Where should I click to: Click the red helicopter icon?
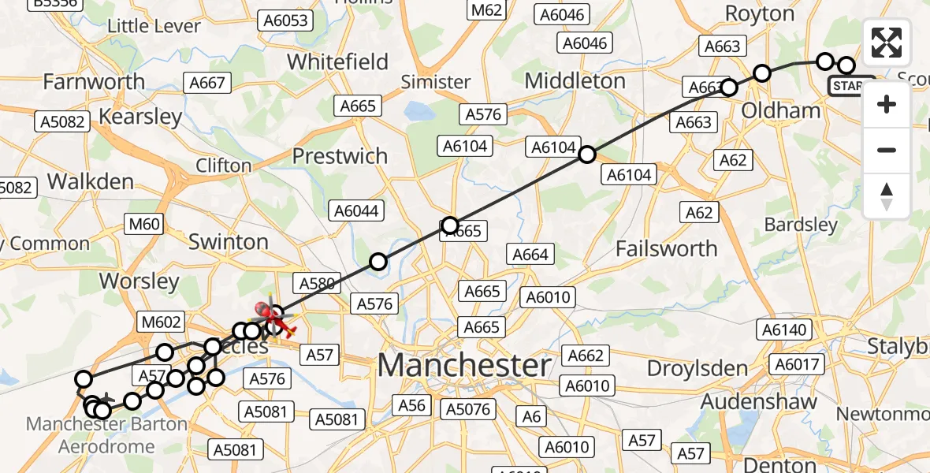(274, 318)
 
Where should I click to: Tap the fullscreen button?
(887, 43)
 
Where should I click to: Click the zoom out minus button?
(887, 150)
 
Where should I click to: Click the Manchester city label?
(464, 366)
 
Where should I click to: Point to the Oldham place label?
(781, 110)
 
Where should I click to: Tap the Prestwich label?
(340, 156)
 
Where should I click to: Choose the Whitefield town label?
(337, 61)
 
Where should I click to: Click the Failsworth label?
(666, 248)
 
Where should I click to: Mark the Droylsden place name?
(697, 368)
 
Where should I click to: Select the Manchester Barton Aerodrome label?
(106, 435)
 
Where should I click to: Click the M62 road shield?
(485, 10)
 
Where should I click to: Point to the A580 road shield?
(317, 283)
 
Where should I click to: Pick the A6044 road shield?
(357, 211)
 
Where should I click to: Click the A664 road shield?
(530, 254)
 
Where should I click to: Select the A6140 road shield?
(785, 330)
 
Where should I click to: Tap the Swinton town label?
(229, 242)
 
